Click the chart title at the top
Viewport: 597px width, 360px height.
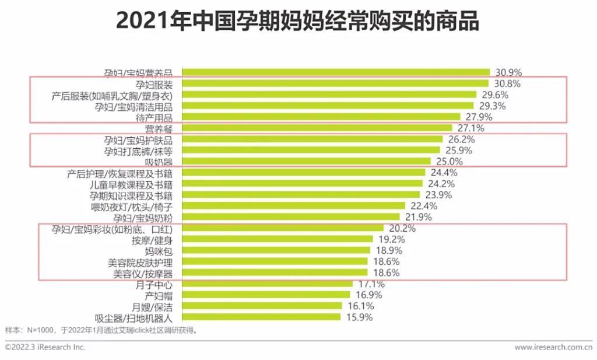point(297,22)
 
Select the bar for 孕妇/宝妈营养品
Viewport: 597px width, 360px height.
point(335,72)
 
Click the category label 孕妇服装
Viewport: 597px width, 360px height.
point(154,84)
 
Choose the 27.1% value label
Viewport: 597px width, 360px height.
point(469,128)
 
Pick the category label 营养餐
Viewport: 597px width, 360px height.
point(159,128)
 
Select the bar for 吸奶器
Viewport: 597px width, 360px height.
point(306,162)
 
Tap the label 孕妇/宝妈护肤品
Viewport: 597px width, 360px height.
point(138,140)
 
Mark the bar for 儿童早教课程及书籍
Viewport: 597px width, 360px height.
point(302,184)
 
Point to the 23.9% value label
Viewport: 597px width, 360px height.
point(439,195)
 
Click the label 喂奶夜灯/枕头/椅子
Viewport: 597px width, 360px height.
point(131,206)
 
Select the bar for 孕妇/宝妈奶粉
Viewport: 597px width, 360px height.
point(290,217)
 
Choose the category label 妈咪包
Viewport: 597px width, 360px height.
point(159,251)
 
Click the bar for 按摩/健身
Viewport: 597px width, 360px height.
point(277,239)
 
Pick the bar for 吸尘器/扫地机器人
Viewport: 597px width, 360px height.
point(261,317)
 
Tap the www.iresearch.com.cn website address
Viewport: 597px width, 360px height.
point(554,347)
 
